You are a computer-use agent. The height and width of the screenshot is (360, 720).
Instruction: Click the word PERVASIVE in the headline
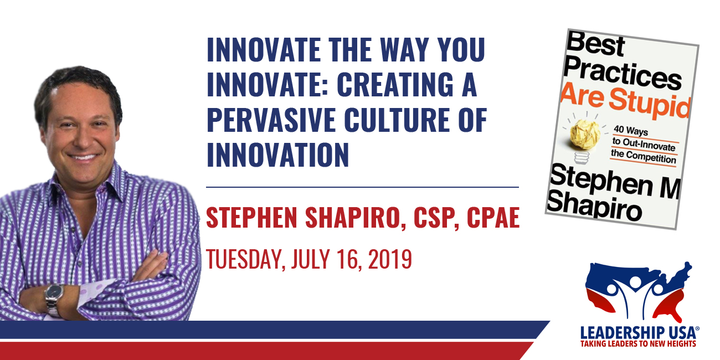[x=271, y=120]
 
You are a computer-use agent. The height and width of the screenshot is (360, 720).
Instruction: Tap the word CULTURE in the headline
[x=397, y=120]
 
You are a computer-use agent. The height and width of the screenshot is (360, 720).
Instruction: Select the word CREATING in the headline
[x=395, y=84]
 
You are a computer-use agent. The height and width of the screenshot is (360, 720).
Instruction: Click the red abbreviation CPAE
[x=493, y=218]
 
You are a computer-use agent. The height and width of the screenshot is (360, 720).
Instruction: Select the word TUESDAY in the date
[x=245, y=259]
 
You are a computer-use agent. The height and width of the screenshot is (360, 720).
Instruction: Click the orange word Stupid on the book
[x=649, y=104]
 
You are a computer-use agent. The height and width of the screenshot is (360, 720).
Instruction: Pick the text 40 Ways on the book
[x=631, y=131]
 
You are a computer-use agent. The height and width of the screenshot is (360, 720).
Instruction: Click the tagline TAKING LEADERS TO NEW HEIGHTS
[x=638, y=343]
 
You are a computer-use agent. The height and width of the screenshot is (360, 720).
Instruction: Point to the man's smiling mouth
[x=83, y=157]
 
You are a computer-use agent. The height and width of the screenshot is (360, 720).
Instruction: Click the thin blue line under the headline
[x=363, y=187]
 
